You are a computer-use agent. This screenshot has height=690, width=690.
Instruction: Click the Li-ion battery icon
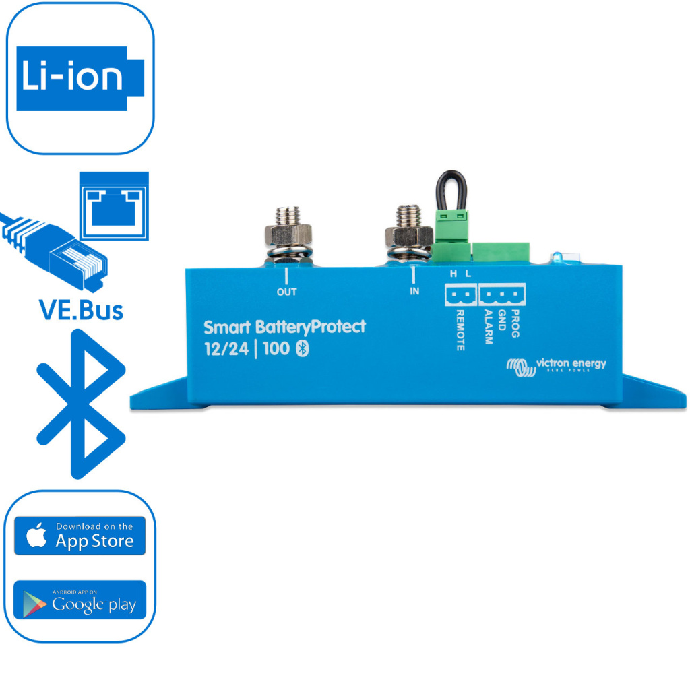pyautogui.click(x=80, y=78)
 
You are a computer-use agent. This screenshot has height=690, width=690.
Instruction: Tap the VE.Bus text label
pyautogui.click(x=80, y=310)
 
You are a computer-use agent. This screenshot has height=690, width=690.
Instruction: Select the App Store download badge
pyautogui.click(x=80, y=536)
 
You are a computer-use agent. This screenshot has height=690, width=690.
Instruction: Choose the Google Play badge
pyautogui.click(x=80, y=600)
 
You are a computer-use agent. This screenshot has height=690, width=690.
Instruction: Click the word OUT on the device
pyautogui.click(x=286, y=292)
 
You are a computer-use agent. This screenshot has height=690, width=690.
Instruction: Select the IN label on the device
pyautogui.click(x=414, y=292)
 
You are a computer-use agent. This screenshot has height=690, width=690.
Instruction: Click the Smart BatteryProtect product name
pyautogui.click(x=284, y=327)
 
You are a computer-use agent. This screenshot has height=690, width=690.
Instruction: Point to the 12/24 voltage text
pyautogui.click(x=226, y=349)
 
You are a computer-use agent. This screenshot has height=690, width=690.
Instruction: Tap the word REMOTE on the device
pyautogui.click(x=460, y=331)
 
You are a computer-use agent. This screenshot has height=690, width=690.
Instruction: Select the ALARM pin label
pyautogui.click(x=488, y=327)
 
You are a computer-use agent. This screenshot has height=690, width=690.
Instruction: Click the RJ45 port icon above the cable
pyautogui.click(x=114, y=203)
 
